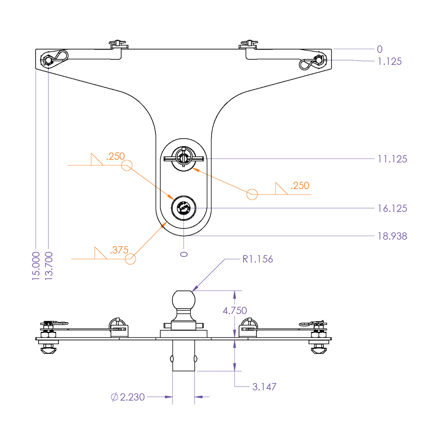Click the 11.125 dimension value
coord(392,159)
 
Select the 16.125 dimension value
coord(392,209)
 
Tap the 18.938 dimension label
coord(392,236)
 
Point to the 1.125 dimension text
coord(389,61)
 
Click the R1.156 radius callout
coord(258,259)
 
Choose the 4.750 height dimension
coord(235,311)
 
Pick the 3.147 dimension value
coord(264,387)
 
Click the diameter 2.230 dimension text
coord(128,397)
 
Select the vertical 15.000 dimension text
coord(36,266)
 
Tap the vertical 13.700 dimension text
coord(49,266)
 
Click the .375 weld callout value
coord(119,250)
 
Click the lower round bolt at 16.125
coord(184,208)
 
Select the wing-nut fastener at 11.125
coord(184,159)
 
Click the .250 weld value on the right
coord(300,185)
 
